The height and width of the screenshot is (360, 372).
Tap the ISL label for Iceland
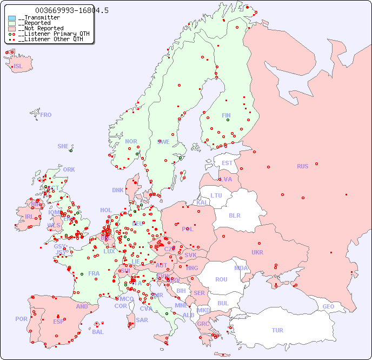coord(18,67)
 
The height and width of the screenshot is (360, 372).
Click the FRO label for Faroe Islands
coord(46,115)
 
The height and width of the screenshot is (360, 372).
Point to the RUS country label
coord(302,166)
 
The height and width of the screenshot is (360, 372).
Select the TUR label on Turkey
coord(277,330)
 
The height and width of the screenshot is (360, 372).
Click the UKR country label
coord(257,252)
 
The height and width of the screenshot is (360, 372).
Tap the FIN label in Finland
coord(226,115)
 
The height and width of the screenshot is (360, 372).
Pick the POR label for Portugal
coord(21,319)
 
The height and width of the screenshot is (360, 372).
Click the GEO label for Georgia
coord(328,306)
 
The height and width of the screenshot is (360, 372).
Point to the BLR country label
coord(234,215)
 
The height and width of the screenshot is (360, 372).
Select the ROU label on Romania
coord(221,279)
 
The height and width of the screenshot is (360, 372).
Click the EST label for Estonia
coord(227,163)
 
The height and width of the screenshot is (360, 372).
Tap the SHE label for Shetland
coord(63,146)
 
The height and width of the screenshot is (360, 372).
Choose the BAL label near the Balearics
coord(98,332)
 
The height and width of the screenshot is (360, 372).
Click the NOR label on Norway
coord(131,141)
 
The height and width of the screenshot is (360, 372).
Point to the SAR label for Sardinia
coord(142,320)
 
